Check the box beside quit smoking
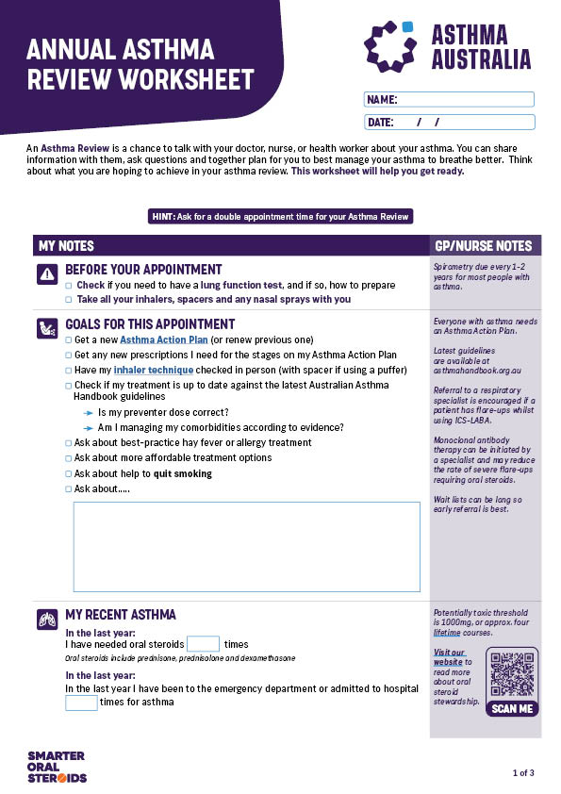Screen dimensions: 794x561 (68, 473)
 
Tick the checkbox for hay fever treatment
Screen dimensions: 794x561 (68, 442)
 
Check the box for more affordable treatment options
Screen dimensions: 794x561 (68, 458)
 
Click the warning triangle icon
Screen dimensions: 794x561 (46, 273)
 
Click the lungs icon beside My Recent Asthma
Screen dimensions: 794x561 (46, 620)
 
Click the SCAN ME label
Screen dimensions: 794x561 (512, 709)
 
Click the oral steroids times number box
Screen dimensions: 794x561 (203, 644)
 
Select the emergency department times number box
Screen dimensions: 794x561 (81, 703)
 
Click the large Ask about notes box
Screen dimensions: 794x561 (246, 547)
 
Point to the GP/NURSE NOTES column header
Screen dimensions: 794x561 (484, 246)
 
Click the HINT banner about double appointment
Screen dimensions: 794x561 (280, 217)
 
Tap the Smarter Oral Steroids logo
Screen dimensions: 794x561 (57, 766)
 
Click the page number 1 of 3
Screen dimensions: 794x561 (523, 773)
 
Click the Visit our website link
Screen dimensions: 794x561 (449, 657)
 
